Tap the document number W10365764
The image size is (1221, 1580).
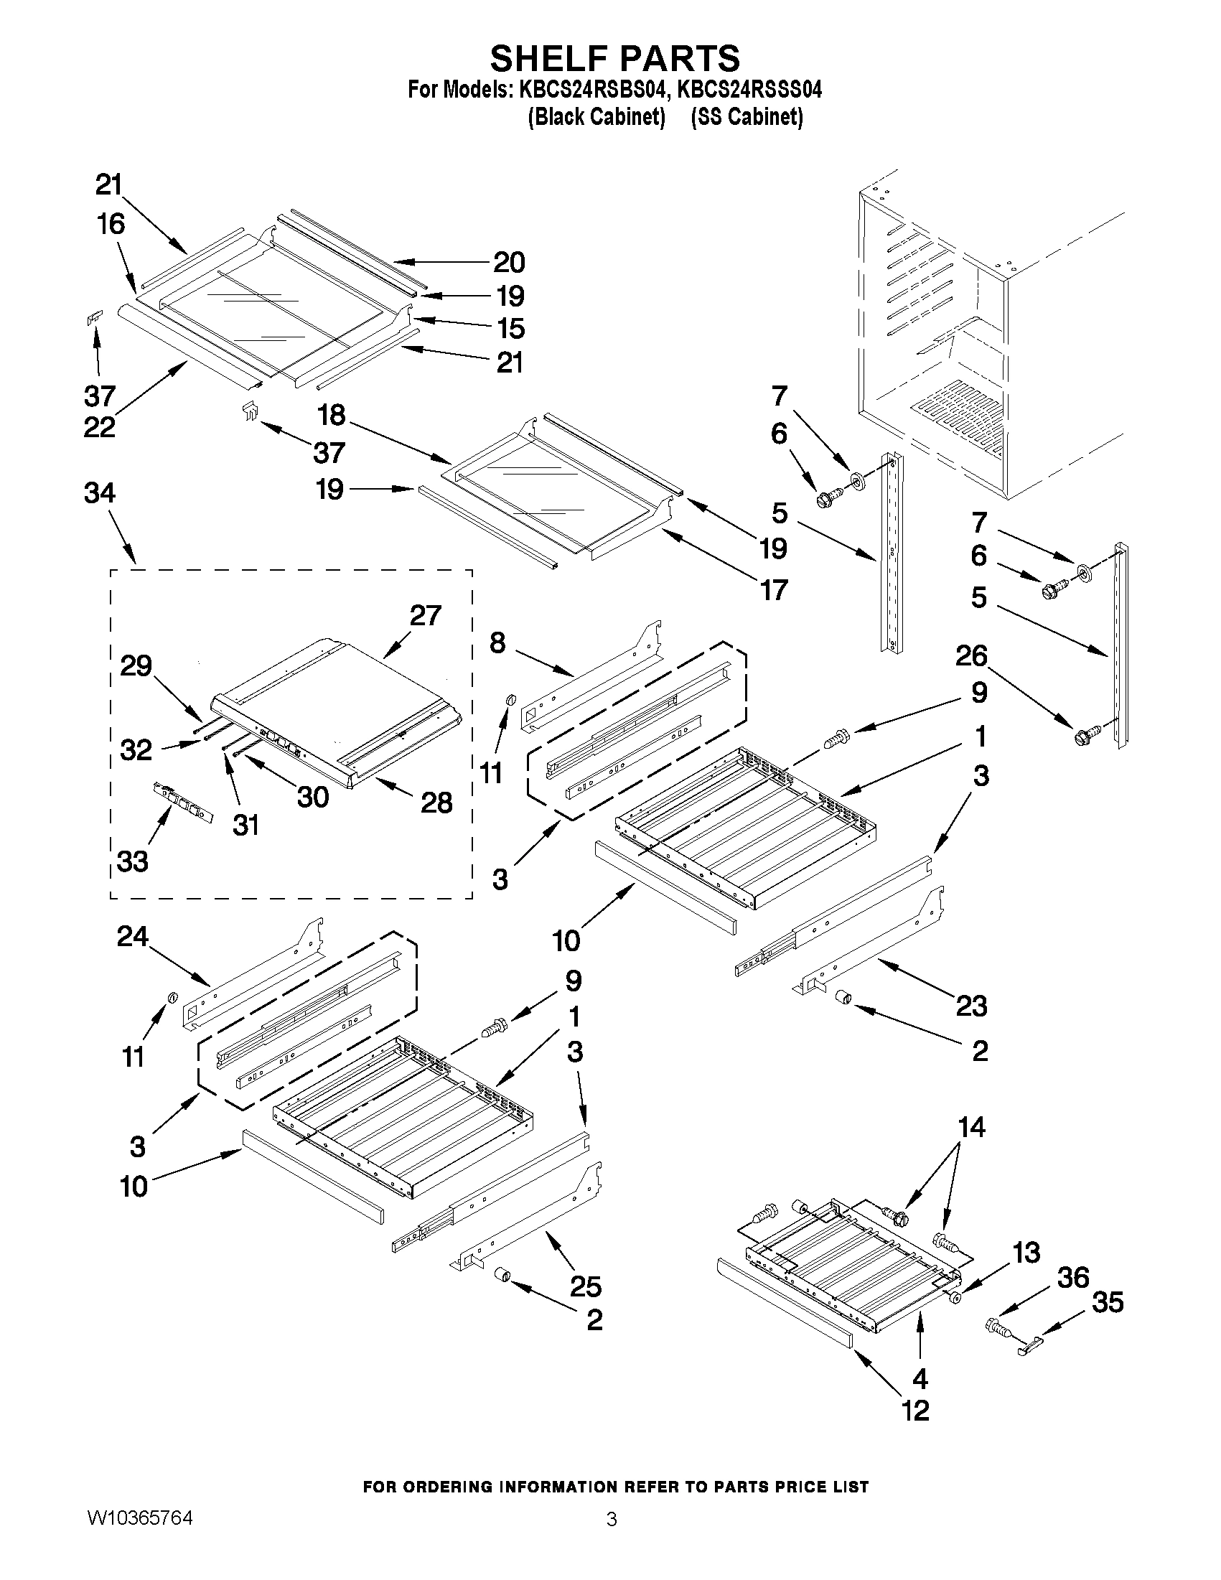coord(140,1517)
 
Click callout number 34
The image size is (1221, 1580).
coord(99,493)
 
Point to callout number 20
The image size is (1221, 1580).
coord(508,263)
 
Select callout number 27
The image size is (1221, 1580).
coord(425,616)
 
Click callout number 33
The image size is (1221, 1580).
coord(132,861)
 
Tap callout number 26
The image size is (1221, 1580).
coord(970,655)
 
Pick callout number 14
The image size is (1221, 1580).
coord(970,1127)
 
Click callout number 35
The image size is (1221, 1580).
coord(1108,1302)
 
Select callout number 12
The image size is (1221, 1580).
coord(915,1410)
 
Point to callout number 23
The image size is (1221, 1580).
coord(970,1006)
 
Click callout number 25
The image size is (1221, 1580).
coord(585,1286)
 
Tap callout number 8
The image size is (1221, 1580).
coord(497,642)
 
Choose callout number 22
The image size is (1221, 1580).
coord(99,427)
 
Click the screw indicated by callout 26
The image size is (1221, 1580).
coord(1085,736)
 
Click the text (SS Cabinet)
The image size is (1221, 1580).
coord(747,116)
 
